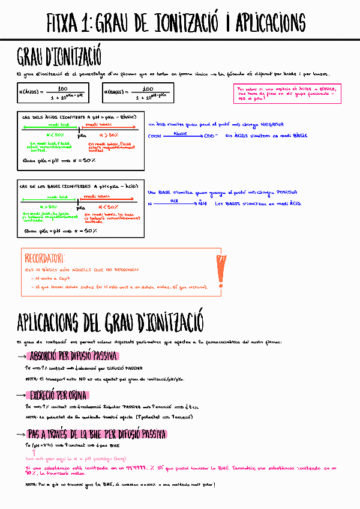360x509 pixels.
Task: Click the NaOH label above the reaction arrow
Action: tap(180, 133)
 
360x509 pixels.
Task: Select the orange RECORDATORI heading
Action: tap(44, 259)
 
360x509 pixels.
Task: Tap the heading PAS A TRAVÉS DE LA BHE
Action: tap(96, 435)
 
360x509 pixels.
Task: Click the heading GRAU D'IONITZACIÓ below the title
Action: tap(59, 58)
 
